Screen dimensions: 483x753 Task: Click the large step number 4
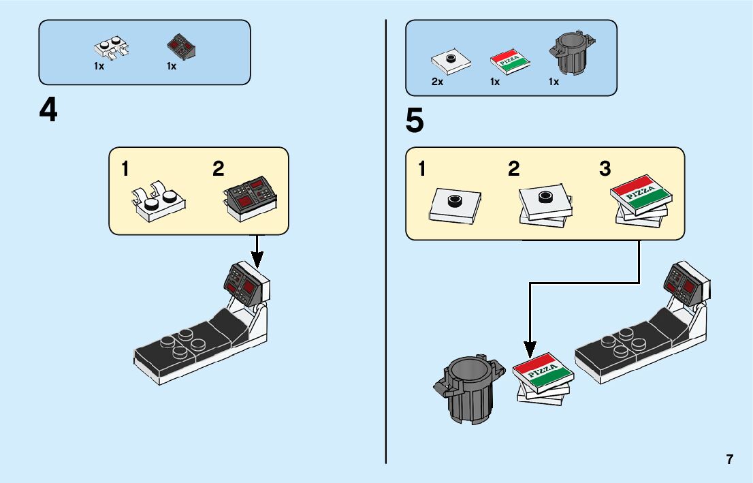pos(48,110)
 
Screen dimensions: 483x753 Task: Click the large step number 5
pos(414,121)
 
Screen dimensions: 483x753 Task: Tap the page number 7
pos(730,459)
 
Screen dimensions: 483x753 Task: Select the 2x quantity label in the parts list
pos(437,82)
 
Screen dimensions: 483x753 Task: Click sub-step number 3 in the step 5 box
pos(605,169)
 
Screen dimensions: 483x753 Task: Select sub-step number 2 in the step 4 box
pos(218,169)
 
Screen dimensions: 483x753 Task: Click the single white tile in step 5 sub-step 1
pos(455,204)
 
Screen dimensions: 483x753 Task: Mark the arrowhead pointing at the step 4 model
pos(257,260)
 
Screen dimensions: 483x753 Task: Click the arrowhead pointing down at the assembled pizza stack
pos(530,349)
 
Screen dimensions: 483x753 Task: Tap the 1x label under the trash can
pos(554,82)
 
